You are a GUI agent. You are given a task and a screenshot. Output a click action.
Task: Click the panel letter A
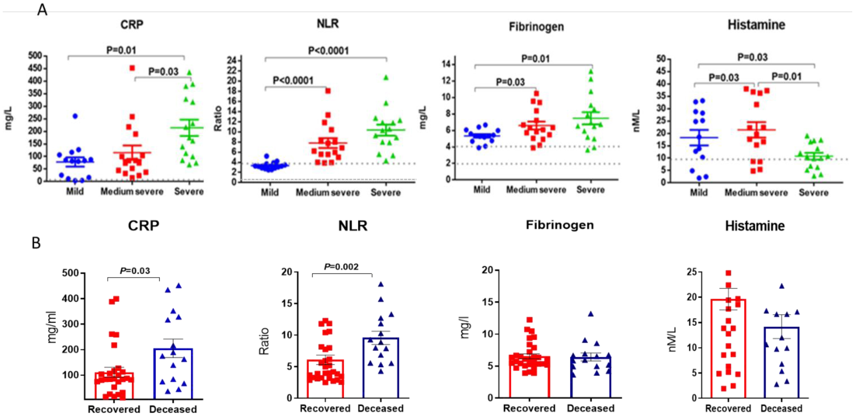(42, 9)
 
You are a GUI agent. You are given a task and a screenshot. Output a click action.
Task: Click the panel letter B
(36, 243)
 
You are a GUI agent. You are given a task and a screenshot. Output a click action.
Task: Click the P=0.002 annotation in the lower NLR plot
(341, 267)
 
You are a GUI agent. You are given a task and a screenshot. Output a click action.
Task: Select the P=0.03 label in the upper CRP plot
(163, 72)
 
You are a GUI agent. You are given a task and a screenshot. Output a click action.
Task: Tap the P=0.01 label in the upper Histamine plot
(786, 76)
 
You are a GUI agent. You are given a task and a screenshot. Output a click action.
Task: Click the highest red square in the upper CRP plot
(132, 68)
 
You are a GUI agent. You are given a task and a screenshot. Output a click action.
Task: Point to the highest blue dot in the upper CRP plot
(75, 116)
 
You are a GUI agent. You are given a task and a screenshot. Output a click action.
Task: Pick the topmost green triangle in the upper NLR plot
(386, 78)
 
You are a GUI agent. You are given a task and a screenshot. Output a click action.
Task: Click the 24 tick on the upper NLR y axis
(232, 60)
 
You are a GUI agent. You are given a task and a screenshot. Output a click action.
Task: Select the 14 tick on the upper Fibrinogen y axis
(446, 64)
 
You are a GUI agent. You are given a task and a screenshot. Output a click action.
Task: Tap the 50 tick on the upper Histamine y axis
(661, 59)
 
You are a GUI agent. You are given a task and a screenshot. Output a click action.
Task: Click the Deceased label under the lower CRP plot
(173, 409)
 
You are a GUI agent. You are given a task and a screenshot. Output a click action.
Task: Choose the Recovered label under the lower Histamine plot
(728, 408)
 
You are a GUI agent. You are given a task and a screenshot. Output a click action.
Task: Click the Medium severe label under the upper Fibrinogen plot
(536, 190)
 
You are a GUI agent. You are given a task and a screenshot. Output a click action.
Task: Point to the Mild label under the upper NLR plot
(270, 192)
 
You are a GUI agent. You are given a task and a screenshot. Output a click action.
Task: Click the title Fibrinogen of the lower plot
(560, 225)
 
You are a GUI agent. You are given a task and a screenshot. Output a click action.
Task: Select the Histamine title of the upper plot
(756, 25)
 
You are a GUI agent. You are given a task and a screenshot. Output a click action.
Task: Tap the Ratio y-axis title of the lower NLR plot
(264, 341)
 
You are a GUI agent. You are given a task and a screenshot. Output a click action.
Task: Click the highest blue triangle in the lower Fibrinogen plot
(591, 314)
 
